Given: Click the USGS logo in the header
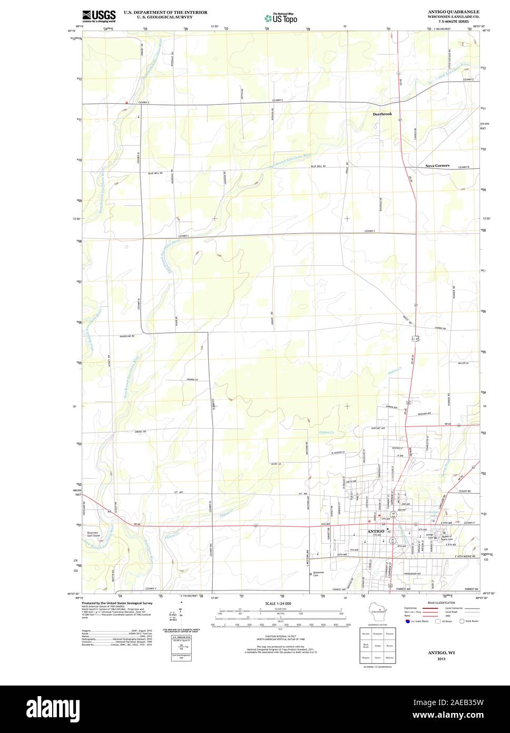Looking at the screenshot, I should coord(99,16).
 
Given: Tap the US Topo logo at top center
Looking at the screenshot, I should coord(281,17).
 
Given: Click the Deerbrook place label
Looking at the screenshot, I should coord(382,113).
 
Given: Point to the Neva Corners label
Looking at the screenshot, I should coord(437,166).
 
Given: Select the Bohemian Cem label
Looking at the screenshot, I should coord(322,574).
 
